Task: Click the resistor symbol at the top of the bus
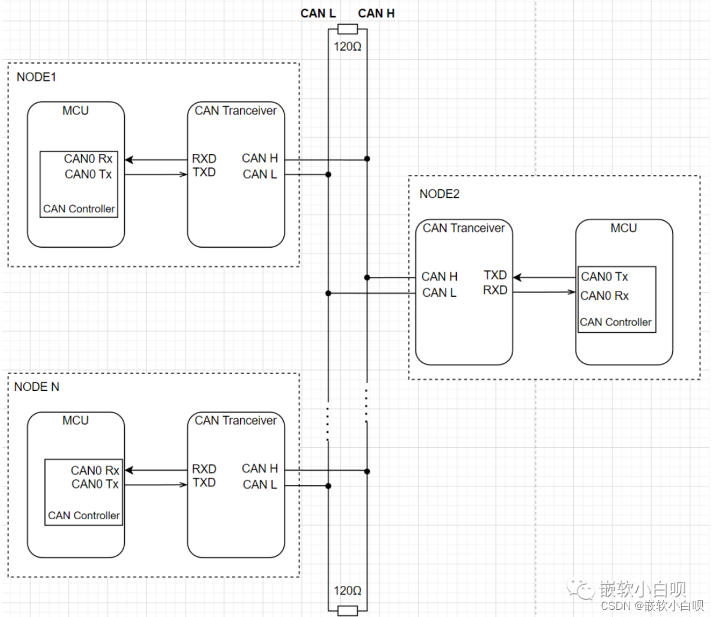click(347, 29)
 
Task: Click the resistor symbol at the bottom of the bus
click(347, 610)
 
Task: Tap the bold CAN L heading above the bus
click(318, 14)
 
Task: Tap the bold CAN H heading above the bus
click(376, 14)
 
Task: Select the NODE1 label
click(37, 77)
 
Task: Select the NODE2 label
click(439, 194)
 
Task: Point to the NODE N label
click(37, 387)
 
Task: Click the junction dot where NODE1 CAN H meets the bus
click(367, 159)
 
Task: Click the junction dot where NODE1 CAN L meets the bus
click(328, 174)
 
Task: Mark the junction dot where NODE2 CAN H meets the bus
click(367, 278)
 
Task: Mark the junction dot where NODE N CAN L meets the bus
click(328, 486)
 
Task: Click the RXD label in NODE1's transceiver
click(204, 158)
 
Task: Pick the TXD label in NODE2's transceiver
click(495, 275)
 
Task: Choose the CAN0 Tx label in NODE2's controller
click(604, 276)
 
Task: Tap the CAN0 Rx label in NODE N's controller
click(95, 470)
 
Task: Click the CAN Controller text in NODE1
click(79, 209)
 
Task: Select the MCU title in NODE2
click(624, 228)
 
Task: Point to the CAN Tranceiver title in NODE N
click(235, 421)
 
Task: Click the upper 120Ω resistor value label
click(347, 47)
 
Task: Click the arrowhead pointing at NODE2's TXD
click(517, 277)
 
